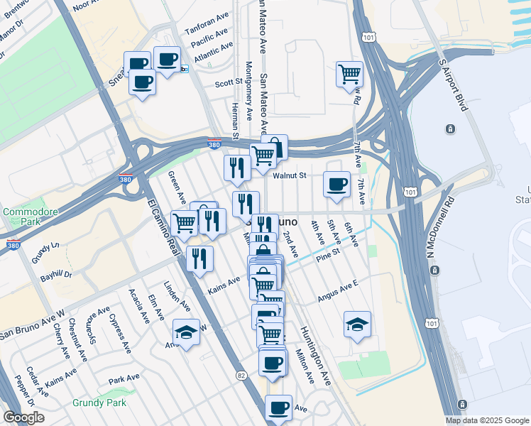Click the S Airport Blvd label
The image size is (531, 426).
(454, 84)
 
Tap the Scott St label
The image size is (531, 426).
(229, 83)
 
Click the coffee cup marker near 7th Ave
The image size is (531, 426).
(337, 184)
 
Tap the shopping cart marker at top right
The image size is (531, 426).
(350, 73)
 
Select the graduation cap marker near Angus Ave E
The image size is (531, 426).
(357, 324)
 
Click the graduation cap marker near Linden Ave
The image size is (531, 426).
(186, 332)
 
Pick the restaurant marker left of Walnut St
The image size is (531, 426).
(236, 168)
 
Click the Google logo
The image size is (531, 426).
(24, 417)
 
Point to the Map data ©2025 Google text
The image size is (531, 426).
(486, 420)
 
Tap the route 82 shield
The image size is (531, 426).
(242, 375)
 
